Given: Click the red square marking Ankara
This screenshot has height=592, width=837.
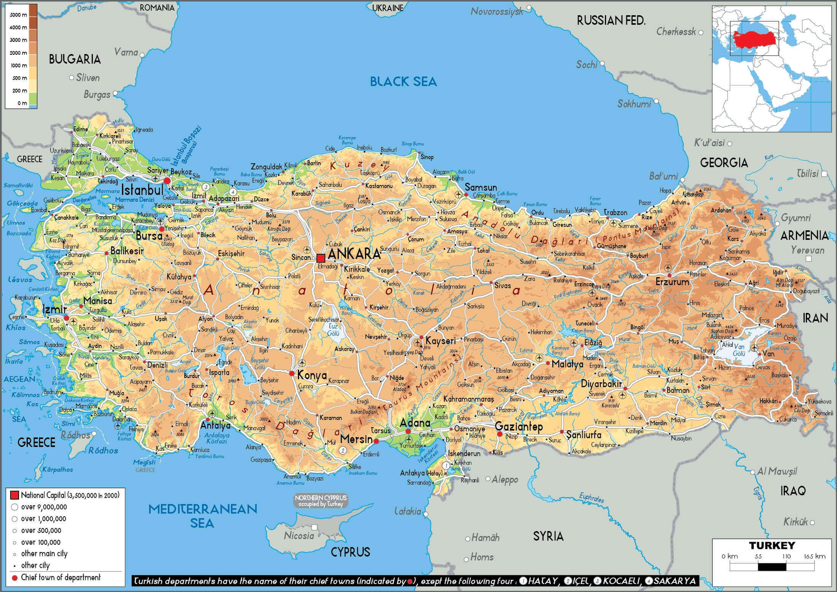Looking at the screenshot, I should pos(321,258).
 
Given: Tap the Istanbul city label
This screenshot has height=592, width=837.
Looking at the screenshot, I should pos(142,189).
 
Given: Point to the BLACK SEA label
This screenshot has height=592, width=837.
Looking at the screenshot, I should pos(403,81).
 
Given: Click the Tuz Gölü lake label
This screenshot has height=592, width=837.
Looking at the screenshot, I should pos(333,330).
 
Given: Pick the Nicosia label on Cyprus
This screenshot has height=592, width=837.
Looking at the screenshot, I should pos(299,536).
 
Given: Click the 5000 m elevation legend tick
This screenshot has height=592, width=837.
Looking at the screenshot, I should pos(18,15).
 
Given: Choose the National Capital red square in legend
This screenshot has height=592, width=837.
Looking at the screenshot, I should pos(14,495).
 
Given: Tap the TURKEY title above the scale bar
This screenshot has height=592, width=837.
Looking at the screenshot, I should pos(772,546).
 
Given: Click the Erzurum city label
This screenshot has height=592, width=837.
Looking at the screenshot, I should pos(672,282).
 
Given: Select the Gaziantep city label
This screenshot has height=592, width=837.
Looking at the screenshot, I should pos(519,426).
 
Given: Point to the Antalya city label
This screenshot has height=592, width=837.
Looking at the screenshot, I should pos(215,425).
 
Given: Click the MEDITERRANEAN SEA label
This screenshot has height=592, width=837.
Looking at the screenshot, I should pos(202,515).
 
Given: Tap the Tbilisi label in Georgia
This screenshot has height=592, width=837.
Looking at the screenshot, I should pos(807,174).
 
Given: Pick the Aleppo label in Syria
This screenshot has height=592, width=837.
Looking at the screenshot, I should pos(504,479).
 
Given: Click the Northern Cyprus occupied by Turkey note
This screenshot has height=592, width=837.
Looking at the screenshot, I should pos(321,501).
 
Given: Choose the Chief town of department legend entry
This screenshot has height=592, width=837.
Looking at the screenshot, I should pos(60,577).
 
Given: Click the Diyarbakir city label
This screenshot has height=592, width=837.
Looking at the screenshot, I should pos(601,384).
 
